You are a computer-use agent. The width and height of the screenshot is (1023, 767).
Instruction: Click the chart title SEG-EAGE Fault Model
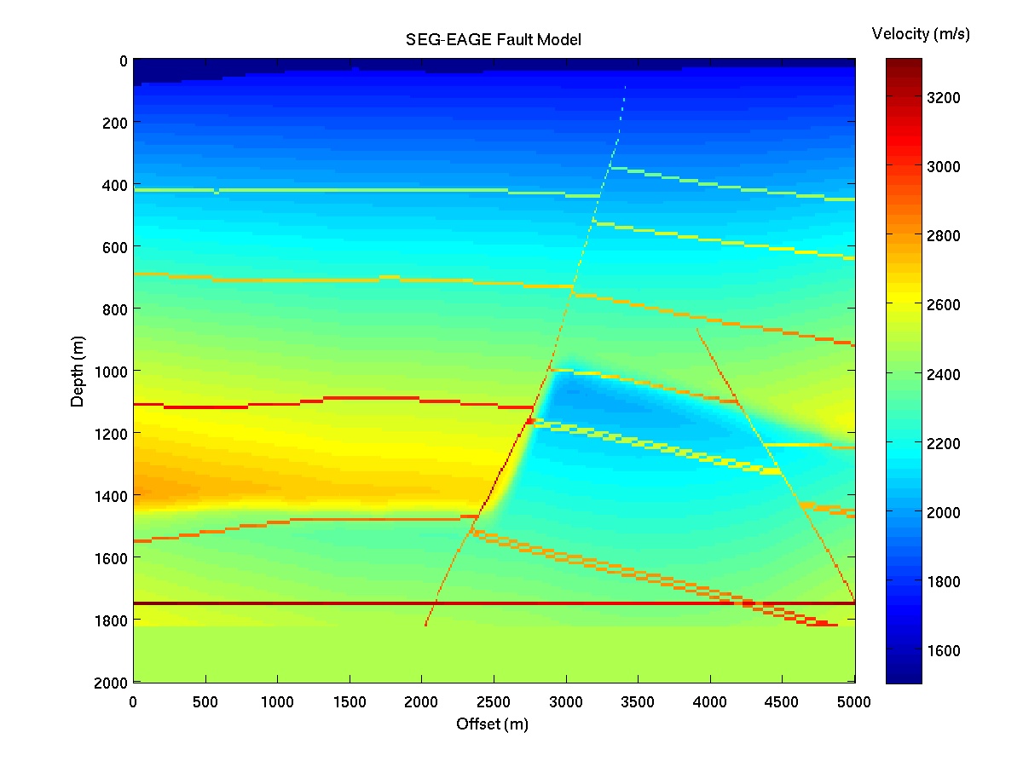[494, 40]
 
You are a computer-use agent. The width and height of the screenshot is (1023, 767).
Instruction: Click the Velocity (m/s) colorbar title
[921, 34]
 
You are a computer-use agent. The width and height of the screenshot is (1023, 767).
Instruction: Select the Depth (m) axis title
[78, 371]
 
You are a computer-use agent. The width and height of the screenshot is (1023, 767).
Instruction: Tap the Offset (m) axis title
[494, 724]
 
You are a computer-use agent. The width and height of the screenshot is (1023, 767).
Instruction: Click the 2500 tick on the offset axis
[494, 702]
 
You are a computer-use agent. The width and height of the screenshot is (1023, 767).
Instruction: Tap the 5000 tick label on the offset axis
[854, 702]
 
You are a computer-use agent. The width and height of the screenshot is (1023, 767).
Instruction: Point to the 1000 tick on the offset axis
[277, 702]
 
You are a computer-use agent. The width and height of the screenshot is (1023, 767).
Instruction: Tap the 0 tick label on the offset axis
[133, 702]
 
